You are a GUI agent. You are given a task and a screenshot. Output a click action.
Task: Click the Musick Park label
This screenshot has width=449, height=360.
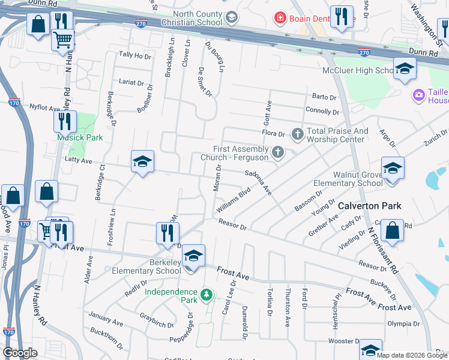[80, 137]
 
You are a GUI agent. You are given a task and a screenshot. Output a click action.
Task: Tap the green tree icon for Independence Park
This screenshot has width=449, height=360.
[206, 295]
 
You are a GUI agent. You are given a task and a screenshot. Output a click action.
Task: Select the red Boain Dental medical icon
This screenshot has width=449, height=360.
[279, 18]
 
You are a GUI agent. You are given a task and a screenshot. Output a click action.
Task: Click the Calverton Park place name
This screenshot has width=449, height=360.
[369, 206]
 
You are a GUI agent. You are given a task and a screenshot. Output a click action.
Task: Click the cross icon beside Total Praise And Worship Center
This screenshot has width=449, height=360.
[297, 134]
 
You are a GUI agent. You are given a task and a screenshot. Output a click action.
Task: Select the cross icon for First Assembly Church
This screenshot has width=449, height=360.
[277, 152]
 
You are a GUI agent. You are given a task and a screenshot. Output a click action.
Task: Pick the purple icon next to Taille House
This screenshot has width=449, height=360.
[418, 95]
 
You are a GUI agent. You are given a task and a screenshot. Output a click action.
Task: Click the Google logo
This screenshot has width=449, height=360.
[20, 353]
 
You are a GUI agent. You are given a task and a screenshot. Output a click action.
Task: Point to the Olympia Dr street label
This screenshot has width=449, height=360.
[402, 323]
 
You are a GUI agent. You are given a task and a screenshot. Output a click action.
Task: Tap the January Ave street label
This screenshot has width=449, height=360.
[105, 319]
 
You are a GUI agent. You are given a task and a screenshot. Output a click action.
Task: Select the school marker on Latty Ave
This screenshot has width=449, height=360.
[143, 161]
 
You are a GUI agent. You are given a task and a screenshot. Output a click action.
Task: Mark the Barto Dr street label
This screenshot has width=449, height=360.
[324, 97]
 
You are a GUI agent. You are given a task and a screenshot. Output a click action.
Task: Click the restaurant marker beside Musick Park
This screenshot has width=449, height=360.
[65, 121]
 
